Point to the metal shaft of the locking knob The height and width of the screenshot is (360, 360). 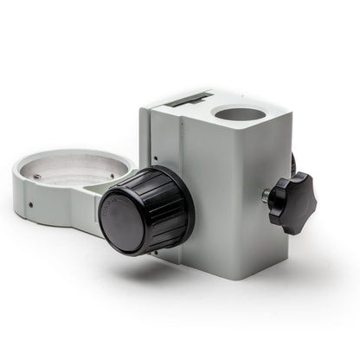pyautogui.click(x=267, y=196)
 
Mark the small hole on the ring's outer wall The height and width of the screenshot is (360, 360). pyautogui.click(x=30, y=206)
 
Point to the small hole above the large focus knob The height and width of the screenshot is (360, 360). pyautogui.click(x=154, y=158)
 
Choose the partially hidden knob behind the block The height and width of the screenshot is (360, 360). pyautogui.click(x=293, y=163)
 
